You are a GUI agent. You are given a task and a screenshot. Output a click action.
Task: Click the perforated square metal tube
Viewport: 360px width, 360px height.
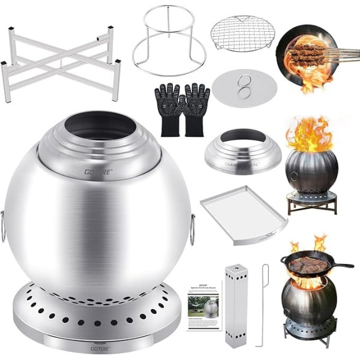pyautogui.click(x=235, y=306)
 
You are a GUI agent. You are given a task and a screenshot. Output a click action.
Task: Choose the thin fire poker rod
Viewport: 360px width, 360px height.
pyautogui.click(x=265, y=306)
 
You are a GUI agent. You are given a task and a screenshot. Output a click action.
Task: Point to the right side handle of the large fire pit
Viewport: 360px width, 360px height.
pyautogui.click(x=193, y=229)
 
